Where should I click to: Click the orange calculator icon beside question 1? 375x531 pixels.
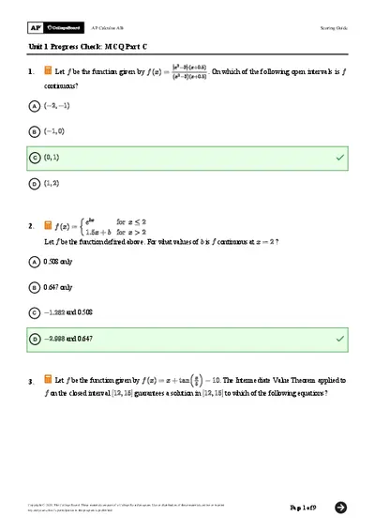click(47, 71)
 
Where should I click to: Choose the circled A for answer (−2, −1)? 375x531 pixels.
click(34, 107)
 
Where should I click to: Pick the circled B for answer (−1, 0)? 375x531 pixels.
click(34, 132)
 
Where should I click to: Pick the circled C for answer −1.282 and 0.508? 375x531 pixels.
click(34, 312)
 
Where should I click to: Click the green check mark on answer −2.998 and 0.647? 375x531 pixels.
click(339, 338)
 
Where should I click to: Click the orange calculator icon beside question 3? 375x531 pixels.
click(47, 381)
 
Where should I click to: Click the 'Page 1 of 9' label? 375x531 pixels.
click(307, 508)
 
